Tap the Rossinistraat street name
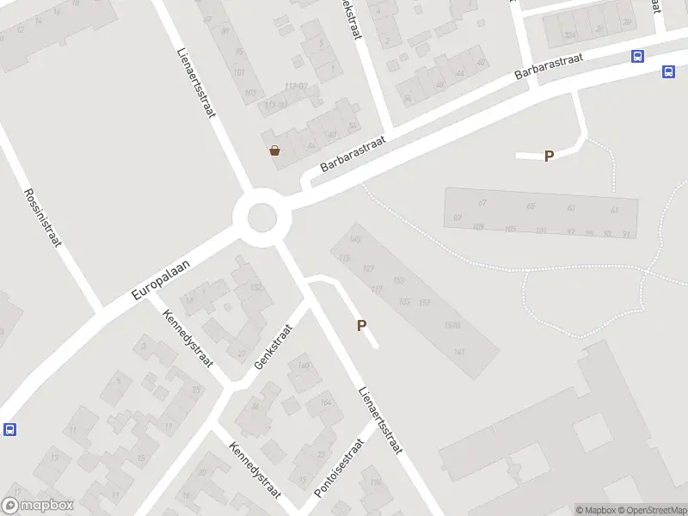[x=42, y=218]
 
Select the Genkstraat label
[x=273, y=347]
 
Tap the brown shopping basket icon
[x=274, y=150]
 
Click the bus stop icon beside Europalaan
[x=9, y=429]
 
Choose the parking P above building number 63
[x=549, y=156]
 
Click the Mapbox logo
[x=37, y=506]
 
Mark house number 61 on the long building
[x=614, y=210]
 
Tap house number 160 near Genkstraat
[x=304, y=366]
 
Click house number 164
[x=325, y=402]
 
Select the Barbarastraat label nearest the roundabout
[x=353, y=153]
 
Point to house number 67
[x=482, y=203]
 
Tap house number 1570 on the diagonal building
[x=452, y=325]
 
